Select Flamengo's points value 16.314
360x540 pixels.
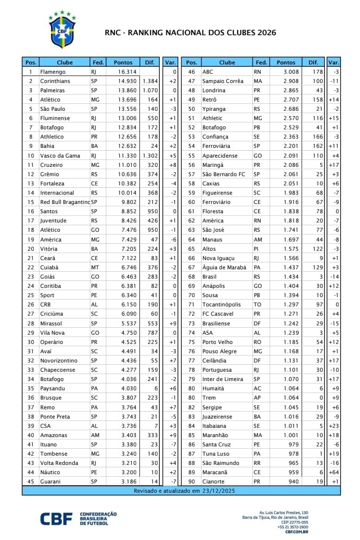click(127, 72)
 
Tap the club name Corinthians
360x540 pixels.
click(55, 81)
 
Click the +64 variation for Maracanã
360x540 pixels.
click(334, 472)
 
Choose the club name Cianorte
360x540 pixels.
click(214, 482)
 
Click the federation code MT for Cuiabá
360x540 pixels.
click(95, 267)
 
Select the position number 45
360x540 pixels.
click(31, 482)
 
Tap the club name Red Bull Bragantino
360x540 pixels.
click(65, 202)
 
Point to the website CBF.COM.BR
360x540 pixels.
click(296, 531)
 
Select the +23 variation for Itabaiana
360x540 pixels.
click(334, 426)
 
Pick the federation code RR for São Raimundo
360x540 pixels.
click(258, 463)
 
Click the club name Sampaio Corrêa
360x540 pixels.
click(223, 81)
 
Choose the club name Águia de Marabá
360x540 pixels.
click(224, 267)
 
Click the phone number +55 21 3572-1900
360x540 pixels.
click(293, 527)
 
